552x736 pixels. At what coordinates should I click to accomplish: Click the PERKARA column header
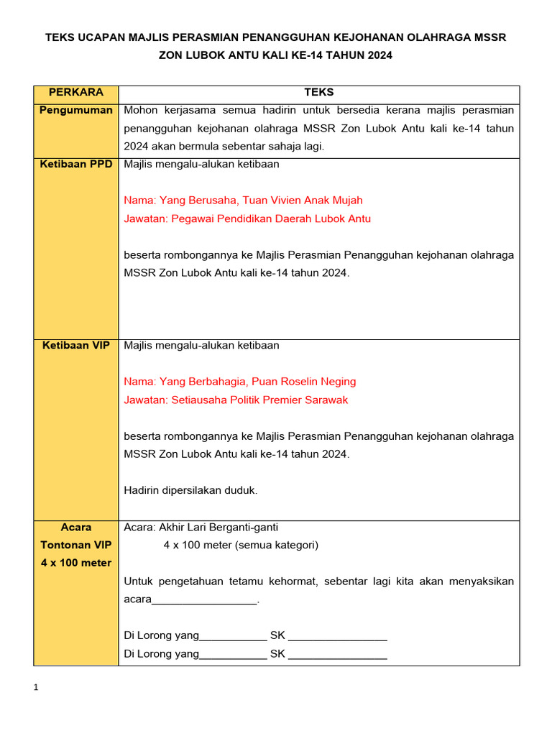(x=75, y=93)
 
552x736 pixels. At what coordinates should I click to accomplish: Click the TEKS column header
(x=319, y=93)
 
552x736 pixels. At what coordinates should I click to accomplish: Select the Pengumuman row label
(x=75, y=110)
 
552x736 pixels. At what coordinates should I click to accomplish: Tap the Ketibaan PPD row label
(x=75, y=164)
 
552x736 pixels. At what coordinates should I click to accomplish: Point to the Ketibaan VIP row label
(x=75, y=345)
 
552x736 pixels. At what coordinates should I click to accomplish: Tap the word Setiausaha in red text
(x=197, y=400)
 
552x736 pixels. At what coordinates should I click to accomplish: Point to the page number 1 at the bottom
(x=37, y=688)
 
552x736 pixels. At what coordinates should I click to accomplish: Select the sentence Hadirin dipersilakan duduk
(x=190, y=490)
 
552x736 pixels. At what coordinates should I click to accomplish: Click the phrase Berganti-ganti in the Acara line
(x=246, y=527)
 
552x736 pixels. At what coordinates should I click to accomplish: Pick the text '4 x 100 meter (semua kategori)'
(x=241, y=545)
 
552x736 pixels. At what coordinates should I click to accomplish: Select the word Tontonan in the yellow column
(x=75, y=545)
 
